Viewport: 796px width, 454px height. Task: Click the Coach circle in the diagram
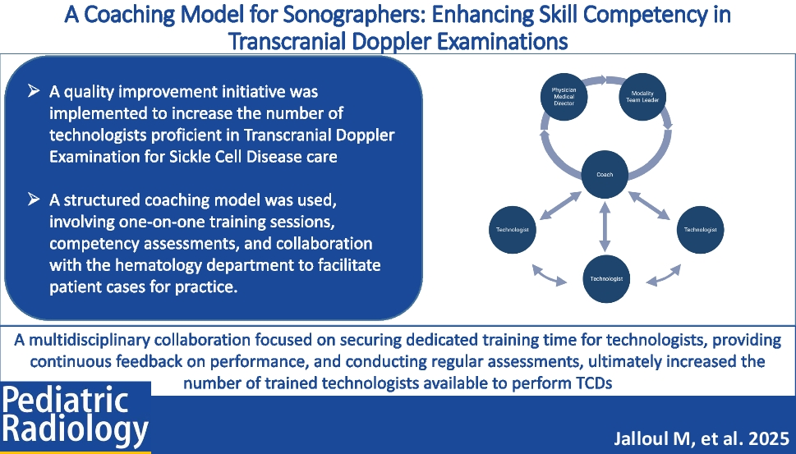pyautogui.click(x=605, y=174)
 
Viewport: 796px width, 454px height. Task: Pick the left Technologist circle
pyautogui.click(x=513, y=229)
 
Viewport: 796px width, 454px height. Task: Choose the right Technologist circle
pyautogui.click(x=700, y=229)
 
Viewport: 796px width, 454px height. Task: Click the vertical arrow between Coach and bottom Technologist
pyautogui.click(x=605, y=227)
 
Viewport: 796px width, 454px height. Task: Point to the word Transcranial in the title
pyautogui.click(x=288, y=41)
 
